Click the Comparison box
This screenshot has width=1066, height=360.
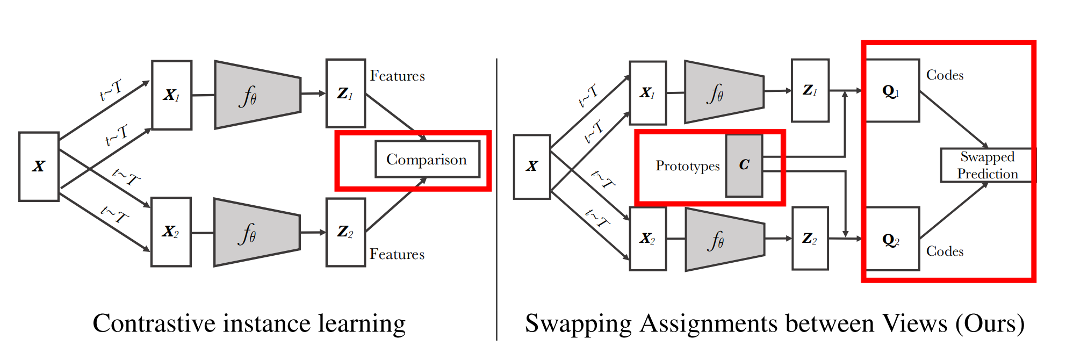click(427, 159)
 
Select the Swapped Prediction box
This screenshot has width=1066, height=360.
click(987, 165)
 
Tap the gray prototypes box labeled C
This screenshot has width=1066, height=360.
click(744, 165)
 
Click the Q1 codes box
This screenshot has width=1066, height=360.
click(892, 91)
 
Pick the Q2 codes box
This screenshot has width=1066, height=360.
click(892, 239)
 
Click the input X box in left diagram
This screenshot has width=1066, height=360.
click(39, 167)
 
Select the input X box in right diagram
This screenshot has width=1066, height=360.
click(532, 167)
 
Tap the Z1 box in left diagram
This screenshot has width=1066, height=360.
click(345, 93)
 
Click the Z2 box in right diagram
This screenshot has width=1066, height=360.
click(810, 238)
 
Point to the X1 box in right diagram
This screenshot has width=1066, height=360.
click(648, 93)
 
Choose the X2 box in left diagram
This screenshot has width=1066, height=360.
click(171, 232)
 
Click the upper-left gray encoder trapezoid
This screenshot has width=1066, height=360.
click(257, 95)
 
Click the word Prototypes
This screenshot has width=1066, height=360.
click(687, 166)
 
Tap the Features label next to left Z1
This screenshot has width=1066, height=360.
click(397, 76)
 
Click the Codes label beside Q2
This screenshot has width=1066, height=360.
click(945, 251)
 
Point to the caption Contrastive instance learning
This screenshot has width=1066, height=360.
click(249, 324)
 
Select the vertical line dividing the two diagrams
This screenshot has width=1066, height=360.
click(497, 199)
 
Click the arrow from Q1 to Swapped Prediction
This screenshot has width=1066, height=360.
click(954, 119)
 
